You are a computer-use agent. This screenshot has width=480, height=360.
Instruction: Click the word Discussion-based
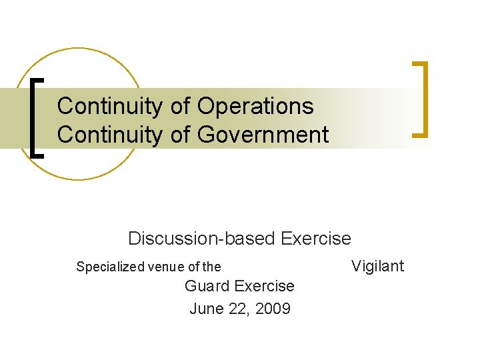tap(203, 238)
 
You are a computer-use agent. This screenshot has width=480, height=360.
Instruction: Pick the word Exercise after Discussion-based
tap(316, 238)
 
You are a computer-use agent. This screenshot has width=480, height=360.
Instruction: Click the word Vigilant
tap(377, 266)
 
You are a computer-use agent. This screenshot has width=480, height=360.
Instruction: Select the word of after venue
tap(193, 267)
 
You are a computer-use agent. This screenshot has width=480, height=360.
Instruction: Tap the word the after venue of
tap(211, 267)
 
